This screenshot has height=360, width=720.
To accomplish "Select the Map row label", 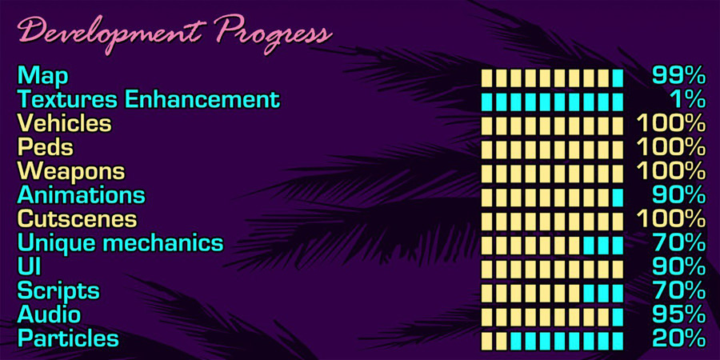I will tap(42, 77).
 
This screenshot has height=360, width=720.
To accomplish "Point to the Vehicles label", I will tap(64, 124).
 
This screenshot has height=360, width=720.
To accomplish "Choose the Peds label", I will tap(45, 148).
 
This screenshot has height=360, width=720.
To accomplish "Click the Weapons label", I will tap(70, 171).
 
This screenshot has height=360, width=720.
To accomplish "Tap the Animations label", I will tap(81, 195).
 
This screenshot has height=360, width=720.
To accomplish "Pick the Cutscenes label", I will tap(77, 219).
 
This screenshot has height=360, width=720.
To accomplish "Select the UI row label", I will tap(29, 266).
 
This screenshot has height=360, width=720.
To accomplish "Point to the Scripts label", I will tap(58, 290).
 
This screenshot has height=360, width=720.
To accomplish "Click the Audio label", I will tap(49, 314).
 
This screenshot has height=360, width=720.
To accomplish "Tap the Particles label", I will tap(68, 338).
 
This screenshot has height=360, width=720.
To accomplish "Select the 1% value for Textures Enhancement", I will tap(688, 100).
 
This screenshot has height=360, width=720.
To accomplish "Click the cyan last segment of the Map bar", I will tap(618, 78).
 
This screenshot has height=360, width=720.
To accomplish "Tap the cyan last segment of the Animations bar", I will tap(618, 197).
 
